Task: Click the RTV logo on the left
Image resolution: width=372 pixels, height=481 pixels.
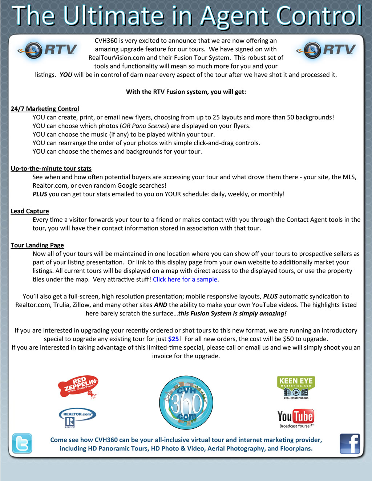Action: pyautogui.click(x=47, y=50)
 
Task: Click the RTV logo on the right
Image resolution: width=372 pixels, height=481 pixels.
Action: pyautogui.click(x=326, y=50)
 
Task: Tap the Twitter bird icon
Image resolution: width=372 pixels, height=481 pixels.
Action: pyautogui.click(x=22, y=443)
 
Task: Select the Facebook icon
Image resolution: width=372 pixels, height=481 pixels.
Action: pyautogui.click(x=350, y=444)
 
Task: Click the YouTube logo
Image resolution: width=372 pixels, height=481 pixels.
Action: pyautogui.click(x=296, y=418)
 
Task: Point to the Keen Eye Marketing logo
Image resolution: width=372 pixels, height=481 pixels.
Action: pyautogui.click(x=296, y=387)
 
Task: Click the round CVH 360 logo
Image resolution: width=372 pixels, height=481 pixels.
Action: pyautogui.click(x=186, y=403)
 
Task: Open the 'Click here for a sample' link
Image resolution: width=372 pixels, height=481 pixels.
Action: pyautogui.click(x=185, y=279)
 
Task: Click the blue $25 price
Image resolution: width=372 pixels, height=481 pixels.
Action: pyautogui.click(x=173, y=339)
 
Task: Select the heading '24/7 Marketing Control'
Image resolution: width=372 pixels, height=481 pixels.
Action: pyautogui.click(x=45, y=109)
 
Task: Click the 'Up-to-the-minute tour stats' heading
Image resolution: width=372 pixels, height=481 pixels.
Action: pyautogui.click(x=51, y=168)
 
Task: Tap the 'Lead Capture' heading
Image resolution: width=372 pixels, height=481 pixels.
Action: pyautogui.click(x=30, y=211)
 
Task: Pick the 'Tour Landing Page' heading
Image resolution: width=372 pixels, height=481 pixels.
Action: pyautogui.click(x=37, y=245)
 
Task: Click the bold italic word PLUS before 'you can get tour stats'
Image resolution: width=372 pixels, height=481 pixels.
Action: pyautogui.click(x=40, y=194)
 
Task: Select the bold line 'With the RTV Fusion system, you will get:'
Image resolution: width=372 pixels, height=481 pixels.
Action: pyautogui.click(x=186, y=91)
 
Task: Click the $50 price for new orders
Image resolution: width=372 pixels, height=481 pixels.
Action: pyautogui.click(x=290, y=339)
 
